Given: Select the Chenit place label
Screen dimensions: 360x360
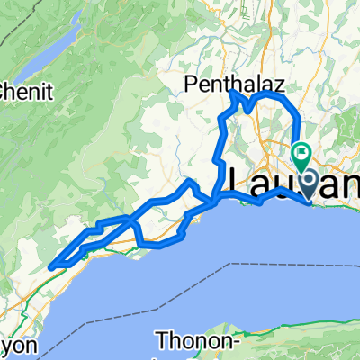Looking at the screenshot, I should [27, 91].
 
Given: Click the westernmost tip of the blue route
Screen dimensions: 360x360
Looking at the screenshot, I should [50, 265].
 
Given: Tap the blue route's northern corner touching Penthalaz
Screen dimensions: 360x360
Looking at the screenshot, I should [233, 94].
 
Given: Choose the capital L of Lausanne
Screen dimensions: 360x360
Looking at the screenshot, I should [242, 179].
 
